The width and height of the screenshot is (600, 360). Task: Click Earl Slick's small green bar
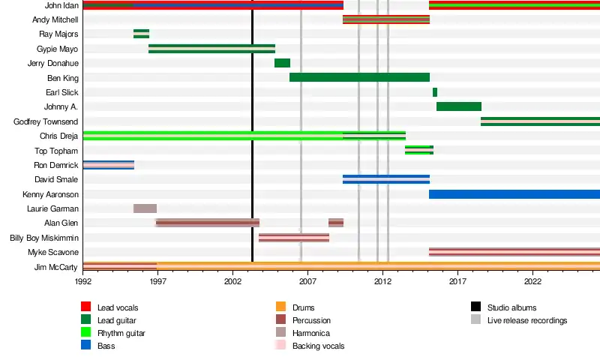tap(435, 92)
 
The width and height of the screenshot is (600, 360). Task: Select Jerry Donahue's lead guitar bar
tap(283, 63)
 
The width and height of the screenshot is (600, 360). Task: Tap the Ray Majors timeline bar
tap(142, 34)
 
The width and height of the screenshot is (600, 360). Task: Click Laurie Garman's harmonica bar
tap(145, 208)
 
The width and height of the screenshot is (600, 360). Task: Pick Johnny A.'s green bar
tap(459, 106)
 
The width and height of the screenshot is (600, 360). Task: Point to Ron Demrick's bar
tap(109, 165)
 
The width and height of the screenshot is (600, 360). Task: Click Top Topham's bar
tap(419, 150)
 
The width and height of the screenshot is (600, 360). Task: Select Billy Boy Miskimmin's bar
tap(294, 238)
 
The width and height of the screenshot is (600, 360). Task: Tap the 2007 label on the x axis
tap(307, 281)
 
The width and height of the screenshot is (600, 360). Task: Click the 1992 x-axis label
tap(83, 281)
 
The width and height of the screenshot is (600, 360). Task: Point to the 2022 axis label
tap(532, 281)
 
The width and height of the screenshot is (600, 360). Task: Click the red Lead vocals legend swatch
tap(86, 307)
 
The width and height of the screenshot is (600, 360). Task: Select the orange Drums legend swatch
tap(280, 307)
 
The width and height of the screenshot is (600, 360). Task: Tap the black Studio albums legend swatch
tap(476, 307)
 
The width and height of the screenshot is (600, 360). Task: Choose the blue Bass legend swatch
tap(86, 345)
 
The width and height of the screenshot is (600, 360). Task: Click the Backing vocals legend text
tap(318, 346)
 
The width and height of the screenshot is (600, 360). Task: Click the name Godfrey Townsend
tap(46, 121)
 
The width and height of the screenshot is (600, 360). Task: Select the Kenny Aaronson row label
tap(50, 194)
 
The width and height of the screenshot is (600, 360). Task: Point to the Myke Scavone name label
tap(53, 252)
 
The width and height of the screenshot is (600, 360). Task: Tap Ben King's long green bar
tap(360, 77)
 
